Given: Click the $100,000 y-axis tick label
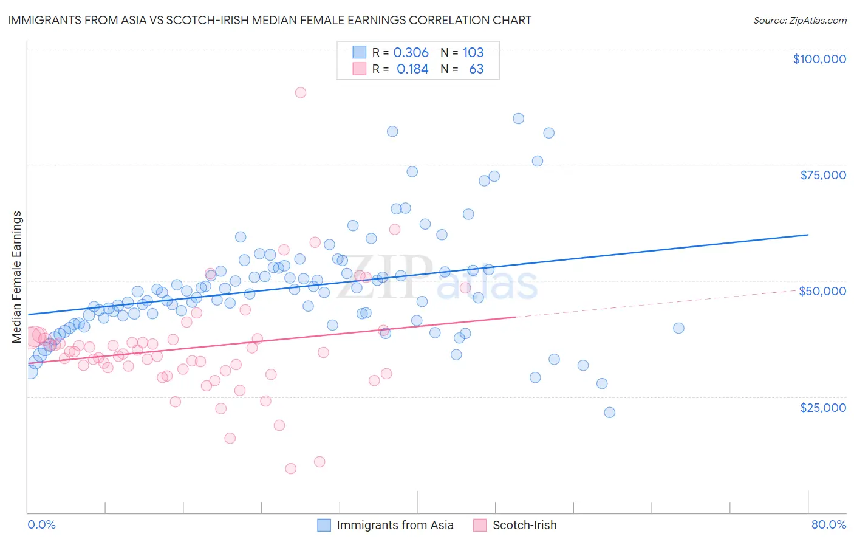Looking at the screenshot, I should click(x=819, y=59).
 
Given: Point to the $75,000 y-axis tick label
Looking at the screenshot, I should click(x=823, y=175).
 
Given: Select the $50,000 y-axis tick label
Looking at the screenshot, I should click(x=822, y=291).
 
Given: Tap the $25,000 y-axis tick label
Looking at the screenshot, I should click(x=823, y=407).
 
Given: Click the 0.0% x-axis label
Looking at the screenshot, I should click(x=41, y=524).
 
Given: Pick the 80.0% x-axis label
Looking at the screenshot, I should click(x=828, y=524).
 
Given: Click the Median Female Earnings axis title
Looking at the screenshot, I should click(x=17, y=277).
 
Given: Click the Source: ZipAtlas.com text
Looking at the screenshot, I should click(x=799, y=20).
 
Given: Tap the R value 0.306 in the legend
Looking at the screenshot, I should click(x=411, y=52).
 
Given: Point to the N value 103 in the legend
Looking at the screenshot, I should click(x=473, y=52).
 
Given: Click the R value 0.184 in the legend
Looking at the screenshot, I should click(x=412, y=69).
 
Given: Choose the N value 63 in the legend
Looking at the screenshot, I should click(x=476, y=69).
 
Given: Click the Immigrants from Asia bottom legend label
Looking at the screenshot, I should click(x=395, y=525).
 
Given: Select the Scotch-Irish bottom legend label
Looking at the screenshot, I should click(x=524, y=525).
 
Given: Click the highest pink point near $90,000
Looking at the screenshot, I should click(x=300, y=93).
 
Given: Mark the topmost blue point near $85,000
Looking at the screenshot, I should click(x=518, y=118).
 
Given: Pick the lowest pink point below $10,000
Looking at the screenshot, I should click(x=290, y=468).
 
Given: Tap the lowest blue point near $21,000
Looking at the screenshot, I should click(x=609, y=412).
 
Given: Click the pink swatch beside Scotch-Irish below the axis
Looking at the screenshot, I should click(x=480, y=525).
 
